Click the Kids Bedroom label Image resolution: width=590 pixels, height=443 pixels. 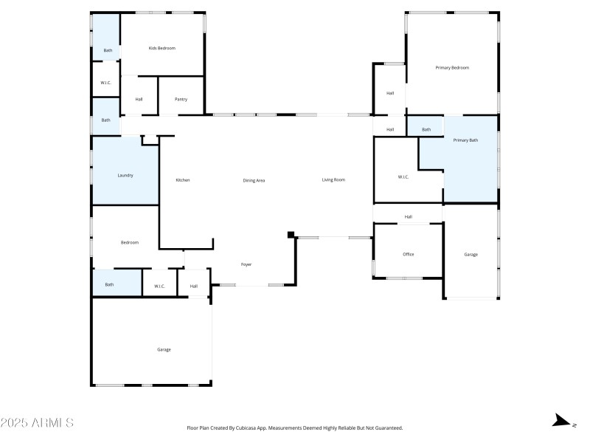click(x=162, y=48)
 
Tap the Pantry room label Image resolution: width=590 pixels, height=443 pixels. click(x=181, y=99)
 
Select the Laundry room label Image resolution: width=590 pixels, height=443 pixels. click(x=125, y=175)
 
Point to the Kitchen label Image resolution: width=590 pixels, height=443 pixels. click(x=183, y=180)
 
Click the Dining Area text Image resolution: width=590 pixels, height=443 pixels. click(x=254, y=180)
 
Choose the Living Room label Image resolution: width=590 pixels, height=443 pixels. click(x=333, y=179)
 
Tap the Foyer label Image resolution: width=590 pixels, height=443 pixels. click(x=246, y=264)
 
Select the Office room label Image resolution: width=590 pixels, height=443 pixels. click(x=408, y=254)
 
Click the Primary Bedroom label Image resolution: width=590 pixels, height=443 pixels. click(x=452, y=67)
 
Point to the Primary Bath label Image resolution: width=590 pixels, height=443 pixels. click(x=465, y=140)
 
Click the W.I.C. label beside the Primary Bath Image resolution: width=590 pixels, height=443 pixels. click(x=403, y=176)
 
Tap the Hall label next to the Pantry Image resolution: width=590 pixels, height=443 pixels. click(x=139, y=99)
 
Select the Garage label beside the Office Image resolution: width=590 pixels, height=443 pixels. click(x=471, y=254)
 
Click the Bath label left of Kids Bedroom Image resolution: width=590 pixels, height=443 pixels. click(x=108, y=50)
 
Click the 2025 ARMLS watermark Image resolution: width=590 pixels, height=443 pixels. click(x=37, y=423)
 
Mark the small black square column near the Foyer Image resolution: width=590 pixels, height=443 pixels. click(x=291, y=236)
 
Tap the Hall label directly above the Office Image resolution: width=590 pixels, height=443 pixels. click(x=408, y=216)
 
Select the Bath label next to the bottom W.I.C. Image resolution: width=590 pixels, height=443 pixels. click(x=109, y=284)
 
